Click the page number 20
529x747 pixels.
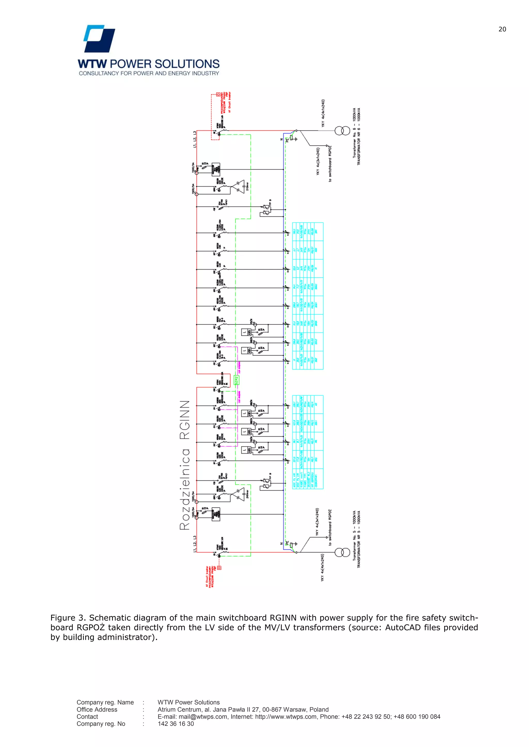click(x=502, y=29)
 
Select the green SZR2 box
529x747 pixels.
click(x=237, y=380)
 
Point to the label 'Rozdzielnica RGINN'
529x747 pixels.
click(x=185, y=465)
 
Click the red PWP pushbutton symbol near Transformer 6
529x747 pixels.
click(x=218, y=95)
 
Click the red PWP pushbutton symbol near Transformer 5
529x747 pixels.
click(x=219, y=568)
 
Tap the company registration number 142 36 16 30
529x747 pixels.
click(x=176, y=724)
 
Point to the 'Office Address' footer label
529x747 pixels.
click(x=97, y=709)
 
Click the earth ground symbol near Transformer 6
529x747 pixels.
click(x=296, y=139)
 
